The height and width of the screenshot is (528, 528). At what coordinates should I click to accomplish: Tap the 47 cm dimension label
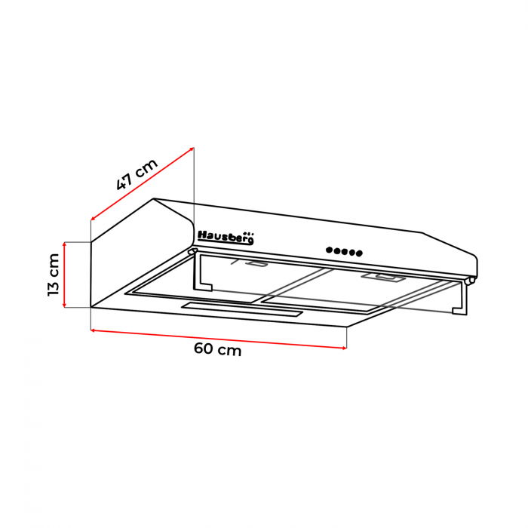tap(137, 174)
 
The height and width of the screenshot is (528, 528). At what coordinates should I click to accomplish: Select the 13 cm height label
tap(54, 275)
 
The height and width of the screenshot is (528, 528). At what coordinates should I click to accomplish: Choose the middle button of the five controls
tap(345, 252)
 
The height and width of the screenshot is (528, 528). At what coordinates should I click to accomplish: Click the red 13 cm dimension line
tap(66, 275)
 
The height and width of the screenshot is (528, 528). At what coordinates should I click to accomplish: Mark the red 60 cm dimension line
tap(219, 338)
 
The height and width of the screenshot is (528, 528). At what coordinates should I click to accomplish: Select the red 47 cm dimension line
tap(143, 183)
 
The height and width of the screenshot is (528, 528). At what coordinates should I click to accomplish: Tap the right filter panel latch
tap(382, 278)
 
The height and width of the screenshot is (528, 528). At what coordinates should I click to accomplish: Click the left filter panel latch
tap(255, 264)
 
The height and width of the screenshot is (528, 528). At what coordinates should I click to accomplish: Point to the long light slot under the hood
tap(241, 309)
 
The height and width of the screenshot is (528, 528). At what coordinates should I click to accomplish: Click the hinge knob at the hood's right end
tap(471, 281)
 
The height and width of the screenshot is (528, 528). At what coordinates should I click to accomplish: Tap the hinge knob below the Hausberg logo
tap(191, 252)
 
